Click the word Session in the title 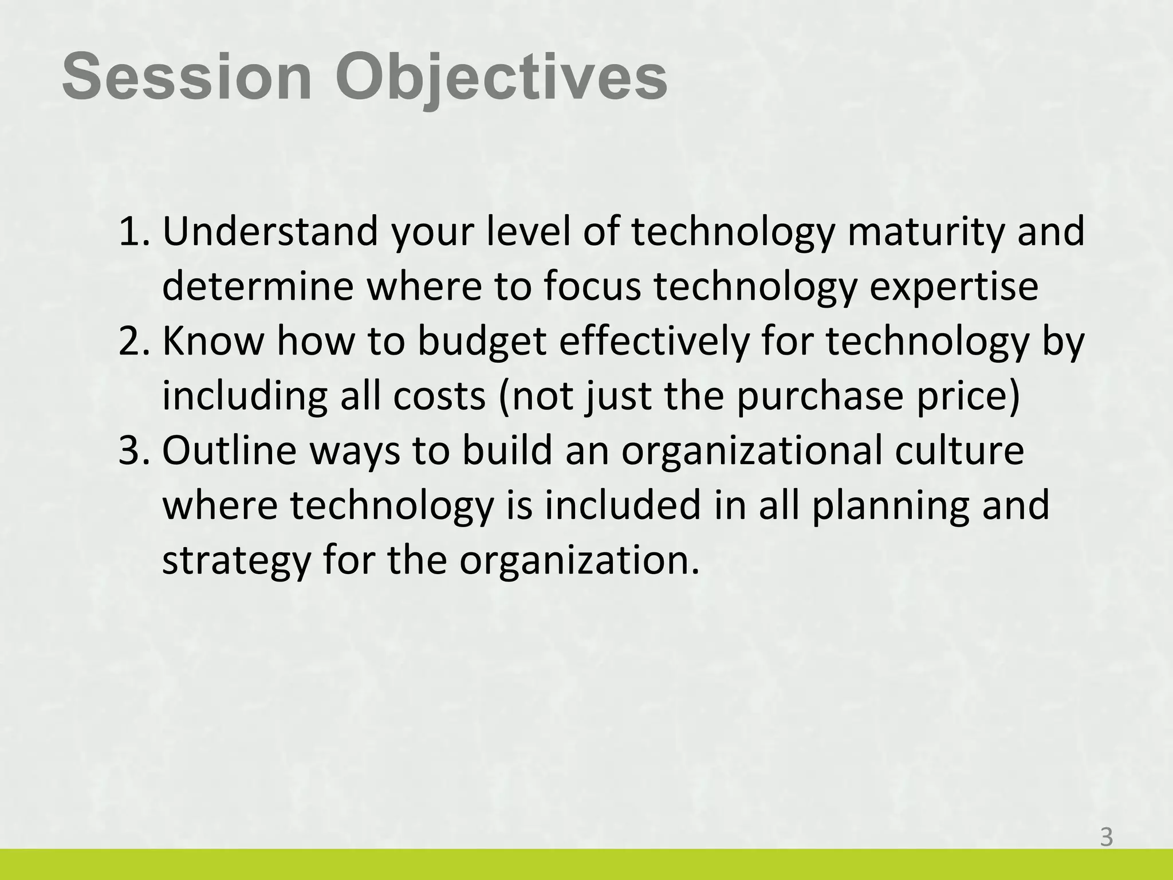click(x=187, y=77)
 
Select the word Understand click(x=270, y=231)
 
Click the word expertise click(x=954, y=286)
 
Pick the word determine click(x=258, y=286)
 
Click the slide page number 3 click(x=1106, y=838)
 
